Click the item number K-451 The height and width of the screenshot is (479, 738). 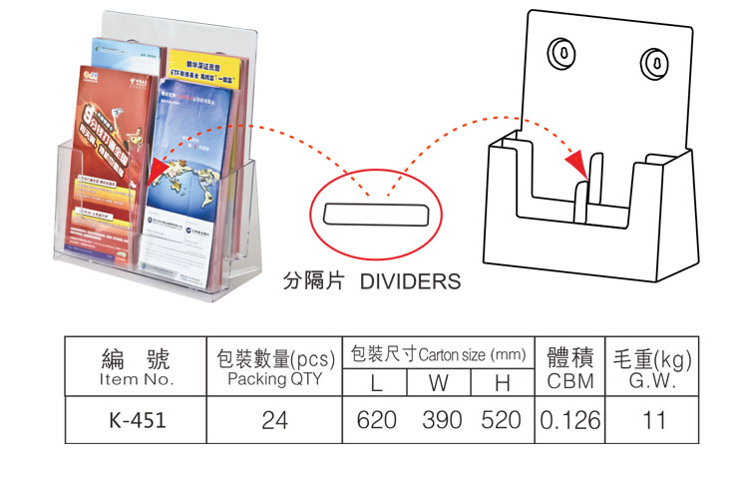click(x=138, y=421)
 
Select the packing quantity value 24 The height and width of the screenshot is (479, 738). click(x=274, y=421)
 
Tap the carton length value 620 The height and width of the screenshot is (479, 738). click(x=376, y=421)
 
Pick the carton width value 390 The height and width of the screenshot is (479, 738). click(x=442, y=421)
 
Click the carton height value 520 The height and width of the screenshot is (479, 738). click(x=501, y=421)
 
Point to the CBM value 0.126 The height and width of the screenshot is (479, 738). click(x=570, y=421)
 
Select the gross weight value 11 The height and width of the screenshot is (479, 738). click(x=654, y=421)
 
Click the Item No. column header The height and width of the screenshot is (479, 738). click(x=138, y=379)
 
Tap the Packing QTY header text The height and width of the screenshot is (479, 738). click(x=274, y=379)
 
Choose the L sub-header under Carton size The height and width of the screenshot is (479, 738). click(x=376, y=382)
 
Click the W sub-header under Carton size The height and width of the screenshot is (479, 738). click(x=440, y=382)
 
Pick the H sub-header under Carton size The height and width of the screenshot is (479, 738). click(x=502, y=382)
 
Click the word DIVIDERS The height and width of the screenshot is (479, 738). click(x=410, y=281)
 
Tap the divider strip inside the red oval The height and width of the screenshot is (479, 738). click(x=374, y=214)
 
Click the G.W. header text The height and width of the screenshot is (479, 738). click(x=654, y=381)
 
